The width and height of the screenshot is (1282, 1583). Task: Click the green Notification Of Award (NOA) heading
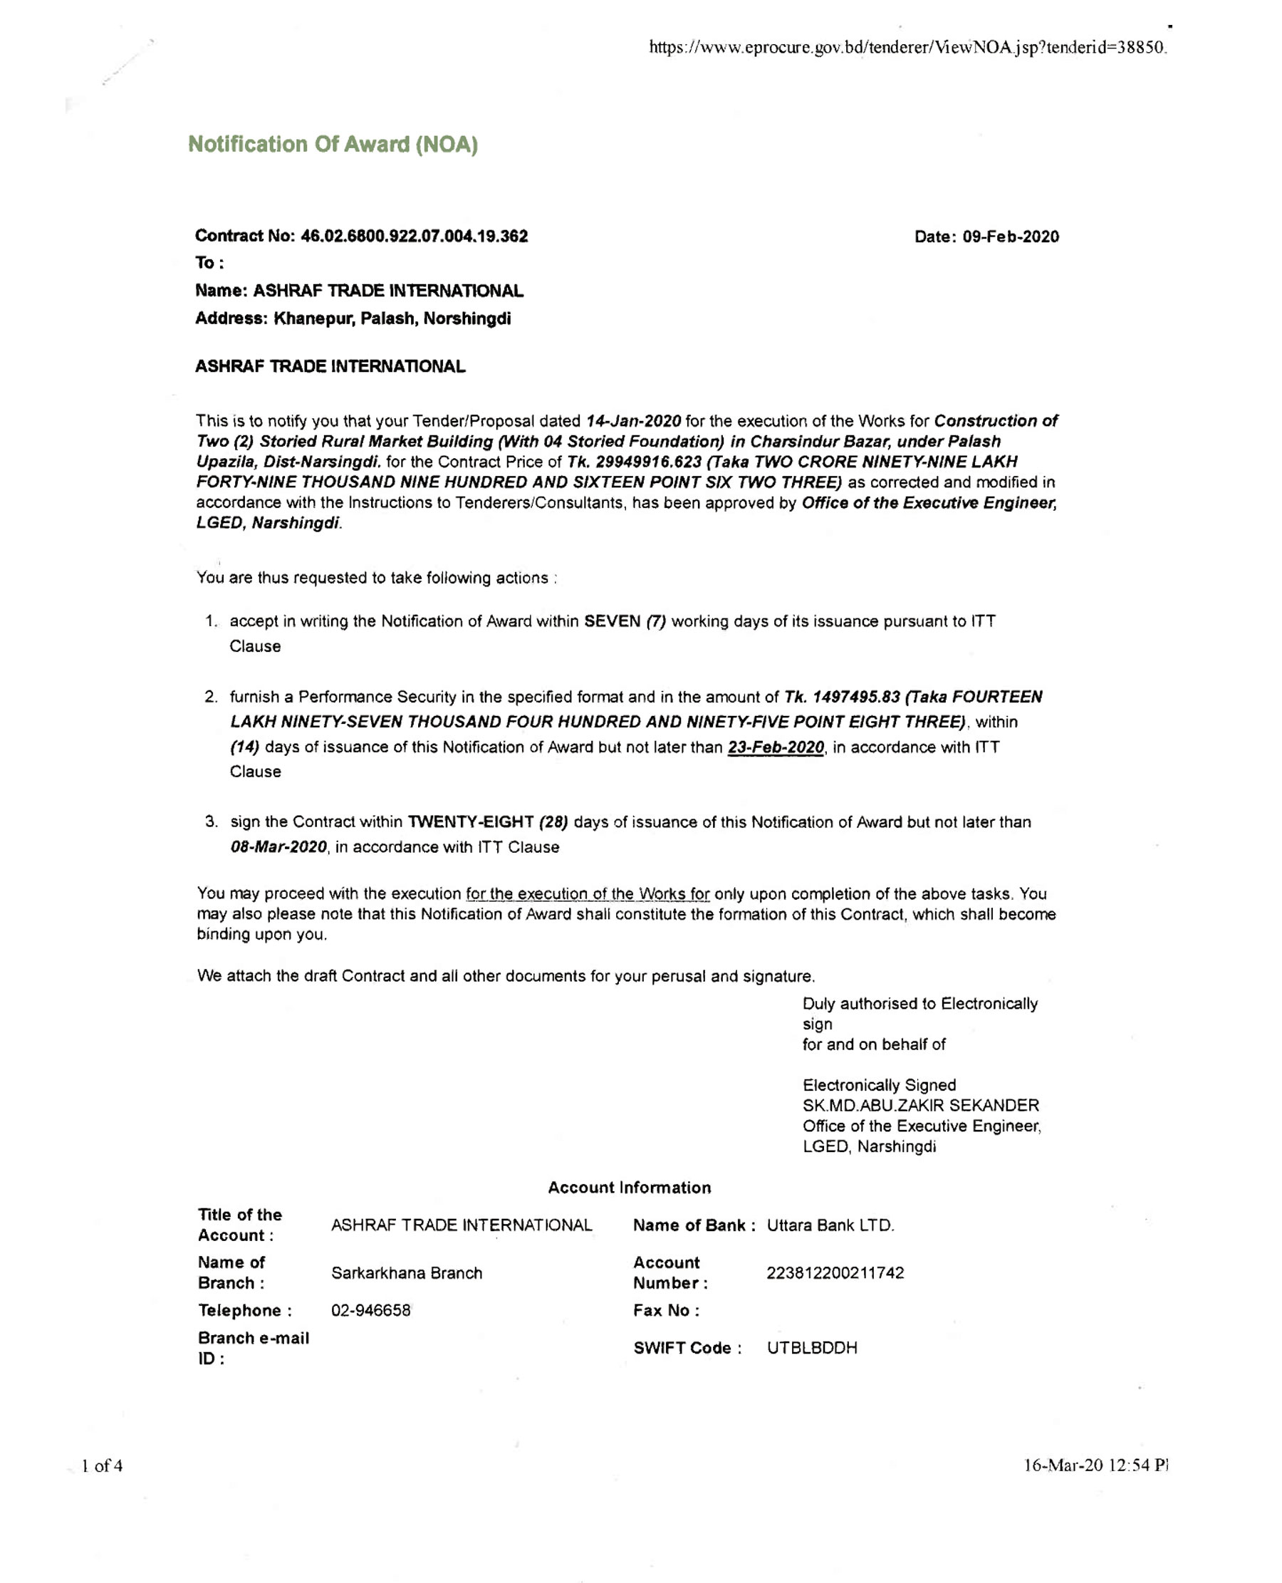coord(333,144)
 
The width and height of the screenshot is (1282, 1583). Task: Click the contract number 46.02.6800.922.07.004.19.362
coord(414,237)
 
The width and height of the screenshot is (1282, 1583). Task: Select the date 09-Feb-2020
coord(1010,237)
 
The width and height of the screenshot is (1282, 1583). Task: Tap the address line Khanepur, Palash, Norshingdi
coord(392,319)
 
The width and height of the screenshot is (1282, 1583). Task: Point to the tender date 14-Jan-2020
coord(633,421)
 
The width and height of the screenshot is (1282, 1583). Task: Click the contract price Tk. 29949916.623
coord(634,462)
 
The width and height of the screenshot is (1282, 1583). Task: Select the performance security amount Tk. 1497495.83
coord(842,697)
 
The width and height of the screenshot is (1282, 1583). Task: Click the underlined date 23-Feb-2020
coord(776,747)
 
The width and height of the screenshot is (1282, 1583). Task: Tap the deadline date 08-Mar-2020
coord(278,847)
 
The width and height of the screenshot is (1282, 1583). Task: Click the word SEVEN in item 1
coord(612,621)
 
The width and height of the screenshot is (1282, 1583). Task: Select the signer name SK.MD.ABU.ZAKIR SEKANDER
coord(920,1106)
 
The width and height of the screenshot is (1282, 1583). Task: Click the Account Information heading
coord(629,1188)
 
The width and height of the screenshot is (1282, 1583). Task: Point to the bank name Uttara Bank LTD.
coord(830,1225)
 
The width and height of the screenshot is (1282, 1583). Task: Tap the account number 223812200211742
coord(835,1273)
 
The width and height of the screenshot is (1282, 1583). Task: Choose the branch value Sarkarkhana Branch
coord(406,1273)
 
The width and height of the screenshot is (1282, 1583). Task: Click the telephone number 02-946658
coord(371,1310)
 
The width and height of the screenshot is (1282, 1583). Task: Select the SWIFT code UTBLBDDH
coord(812,1348)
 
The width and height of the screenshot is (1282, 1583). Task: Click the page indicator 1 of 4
coord(102,1465)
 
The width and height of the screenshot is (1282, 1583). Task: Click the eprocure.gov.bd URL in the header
coord(907,48)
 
